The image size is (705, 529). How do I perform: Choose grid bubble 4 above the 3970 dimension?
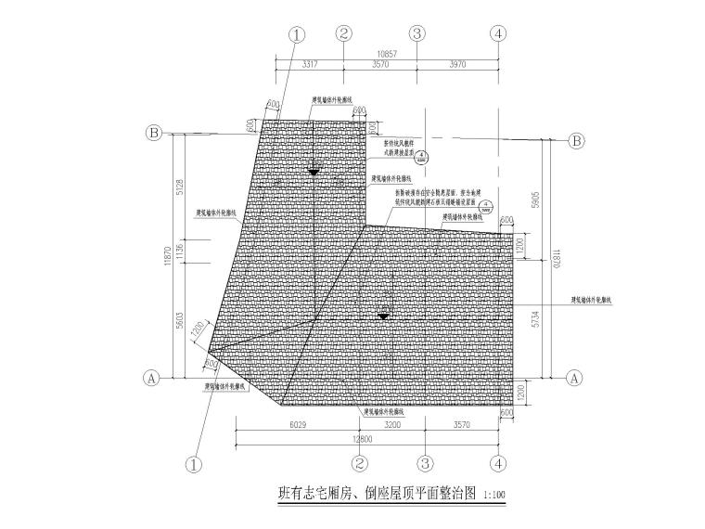pos(499,33)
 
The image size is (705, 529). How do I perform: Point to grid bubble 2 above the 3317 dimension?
pos(344,33)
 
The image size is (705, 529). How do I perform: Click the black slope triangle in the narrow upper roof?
pos(314,172)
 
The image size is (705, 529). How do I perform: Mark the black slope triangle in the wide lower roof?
pos(381,317)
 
